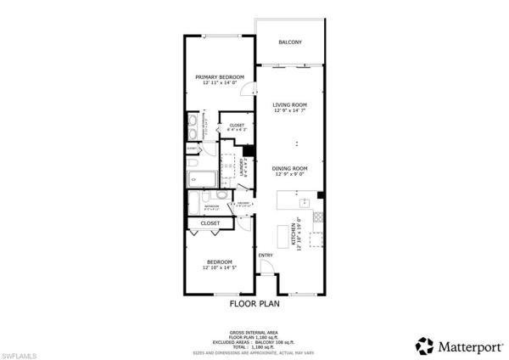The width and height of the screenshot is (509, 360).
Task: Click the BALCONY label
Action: (290, 42)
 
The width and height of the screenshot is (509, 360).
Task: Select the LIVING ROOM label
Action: (289, 105)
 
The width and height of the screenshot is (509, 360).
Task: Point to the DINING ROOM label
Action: (289, 168)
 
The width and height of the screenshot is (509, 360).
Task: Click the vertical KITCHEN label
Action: (294, 233)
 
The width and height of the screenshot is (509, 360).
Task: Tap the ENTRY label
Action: (266, 256)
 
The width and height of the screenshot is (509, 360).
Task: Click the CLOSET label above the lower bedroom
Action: (210, 223)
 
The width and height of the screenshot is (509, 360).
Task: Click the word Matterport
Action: (465, 346)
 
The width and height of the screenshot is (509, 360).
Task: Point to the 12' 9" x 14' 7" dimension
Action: (289, 111)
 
